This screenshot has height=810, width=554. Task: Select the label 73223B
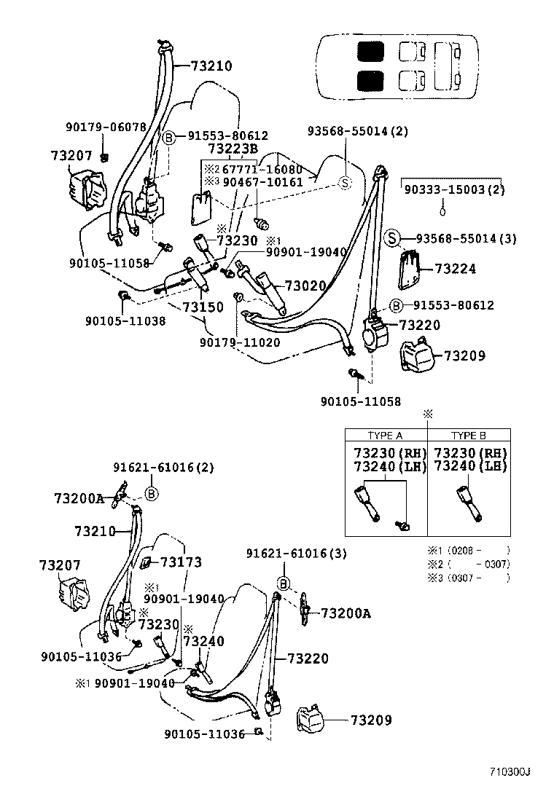coord(233,149)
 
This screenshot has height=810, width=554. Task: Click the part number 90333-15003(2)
coord(455,189)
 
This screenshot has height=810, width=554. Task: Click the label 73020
coord(305,286)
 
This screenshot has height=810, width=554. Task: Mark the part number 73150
coord(203,307)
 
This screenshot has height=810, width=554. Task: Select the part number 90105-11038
coord(125,320)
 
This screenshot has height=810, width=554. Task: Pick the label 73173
coord(181,562)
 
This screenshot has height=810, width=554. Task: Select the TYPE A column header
coord(385,436)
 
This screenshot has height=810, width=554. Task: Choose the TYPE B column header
coord(468,436)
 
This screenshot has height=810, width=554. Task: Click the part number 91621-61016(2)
coord(163,468)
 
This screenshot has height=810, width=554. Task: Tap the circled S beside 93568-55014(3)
coord(391,238)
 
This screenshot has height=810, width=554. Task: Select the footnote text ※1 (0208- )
coord(468,550)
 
